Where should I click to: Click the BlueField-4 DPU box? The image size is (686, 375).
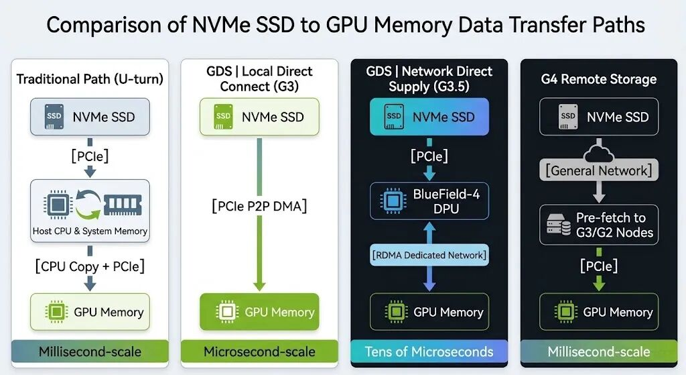coord(429,201)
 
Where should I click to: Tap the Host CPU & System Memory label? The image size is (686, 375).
coord(90,231)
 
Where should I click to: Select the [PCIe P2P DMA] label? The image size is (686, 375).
coord(259,206)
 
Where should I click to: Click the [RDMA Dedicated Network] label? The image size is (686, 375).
coord(429,255)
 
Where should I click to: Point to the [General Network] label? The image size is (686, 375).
coord(599,170)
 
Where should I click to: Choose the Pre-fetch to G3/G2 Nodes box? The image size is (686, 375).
coord(599,225)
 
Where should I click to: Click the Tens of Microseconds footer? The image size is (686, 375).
coord(429,352)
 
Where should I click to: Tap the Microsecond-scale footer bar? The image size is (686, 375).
coord(259,352)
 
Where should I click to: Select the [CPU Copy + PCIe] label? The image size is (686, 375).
coord(90,266)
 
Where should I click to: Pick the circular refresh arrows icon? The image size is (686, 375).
coord(88,204)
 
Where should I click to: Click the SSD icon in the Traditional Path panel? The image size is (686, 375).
coord(54,117)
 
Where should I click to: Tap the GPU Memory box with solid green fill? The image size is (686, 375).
coord(259,312)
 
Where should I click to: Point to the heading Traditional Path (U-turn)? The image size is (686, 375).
coord(90,79)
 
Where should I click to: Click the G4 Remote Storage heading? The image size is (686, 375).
coord(599,79)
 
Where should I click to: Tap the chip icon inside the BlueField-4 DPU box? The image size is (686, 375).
coord(393,201)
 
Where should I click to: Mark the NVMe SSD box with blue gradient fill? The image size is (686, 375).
coord(429,117)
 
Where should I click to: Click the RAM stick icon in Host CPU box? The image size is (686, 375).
coord(123,204)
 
